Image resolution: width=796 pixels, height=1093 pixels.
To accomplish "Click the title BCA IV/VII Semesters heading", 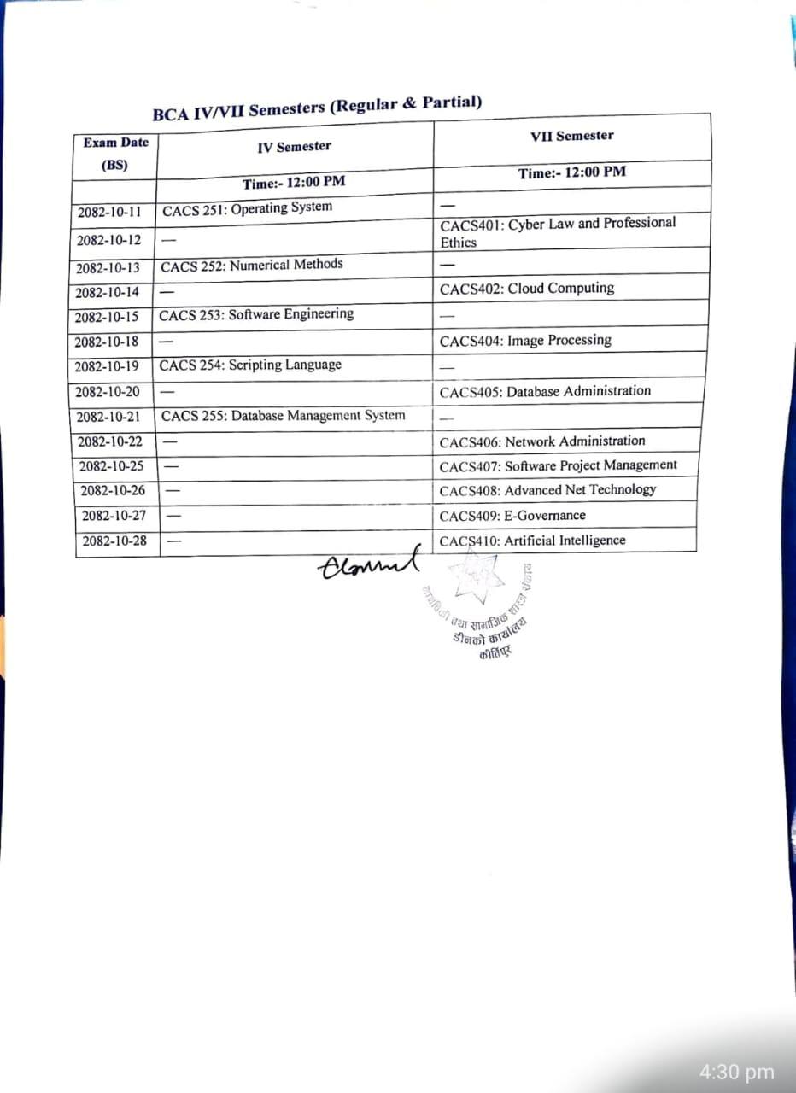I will pyautogui.click(x=317, y=108).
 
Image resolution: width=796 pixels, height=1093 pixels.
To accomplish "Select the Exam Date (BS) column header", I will pyautogui.click(x=115, y=154).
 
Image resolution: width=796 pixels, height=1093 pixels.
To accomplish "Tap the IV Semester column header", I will pyautogui.click(x=294, y=147).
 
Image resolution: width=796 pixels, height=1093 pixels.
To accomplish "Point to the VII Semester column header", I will pyautogui.click(x=571, y=136).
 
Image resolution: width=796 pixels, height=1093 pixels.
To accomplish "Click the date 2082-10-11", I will pyautogui.click(x=109, y=212).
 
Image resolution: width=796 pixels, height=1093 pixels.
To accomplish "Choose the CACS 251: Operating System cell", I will pyautogui.click(x=247, y=208).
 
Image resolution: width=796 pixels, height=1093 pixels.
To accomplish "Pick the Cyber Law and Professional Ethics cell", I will pyautogui.click(x=558, y=232).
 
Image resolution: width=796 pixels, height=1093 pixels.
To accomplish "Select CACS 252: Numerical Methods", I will pyautogui.click(x=252, y=265).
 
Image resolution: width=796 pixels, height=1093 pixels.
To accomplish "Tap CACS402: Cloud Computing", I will pyautogui.click(x=527, y=289).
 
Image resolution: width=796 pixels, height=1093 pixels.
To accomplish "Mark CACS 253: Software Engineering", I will pyautogui.click(x=256, y=314).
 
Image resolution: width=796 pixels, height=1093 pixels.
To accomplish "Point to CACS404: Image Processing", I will pyautogui.click(x=525, y=341).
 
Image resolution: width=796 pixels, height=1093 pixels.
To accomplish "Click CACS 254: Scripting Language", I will pyautogui.click(x=250, y=365).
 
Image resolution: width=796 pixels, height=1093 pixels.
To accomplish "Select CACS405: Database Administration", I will pyautogui.click(x=545, y=392).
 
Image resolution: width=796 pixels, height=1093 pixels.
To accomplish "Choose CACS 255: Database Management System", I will pyautogui.click(x=283, y=416).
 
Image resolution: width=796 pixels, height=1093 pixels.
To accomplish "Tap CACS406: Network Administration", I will pyautogui.click(x=542, y=441).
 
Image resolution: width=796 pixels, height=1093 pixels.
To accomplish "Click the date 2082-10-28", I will pyautogui.click(x=114, y=541).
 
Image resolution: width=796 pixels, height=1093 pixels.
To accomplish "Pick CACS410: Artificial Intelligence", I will pyautogui.click(x=532, y=541).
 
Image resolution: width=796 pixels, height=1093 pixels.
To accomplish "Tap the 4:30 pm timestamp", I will pyautogui.click(x=736, y=1073).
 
